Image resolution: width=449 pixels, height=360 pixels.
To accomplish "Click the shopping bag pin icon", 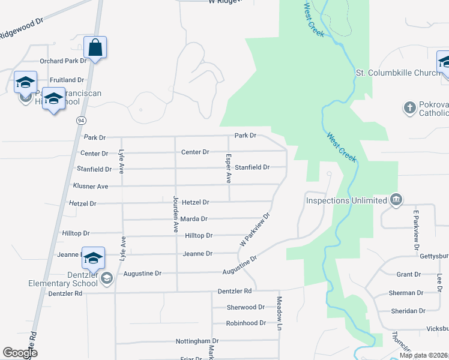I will pyautogui.click(x=96, y=46).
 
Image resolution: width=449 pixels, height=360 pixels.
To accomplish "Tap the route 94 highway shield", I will pyautogui.click(x=80, y=120).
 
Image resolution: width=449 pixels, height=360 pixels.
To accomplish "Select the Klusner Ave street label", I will pyautogui.click(x=90, y=187).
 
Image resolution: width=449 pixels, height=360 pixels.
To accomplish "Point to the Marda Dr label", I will pyautogui.click(x=194, y=219).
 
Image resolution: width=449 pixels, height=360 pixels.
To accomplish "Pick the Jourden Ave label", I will pyautogui.click(x=176, y=214).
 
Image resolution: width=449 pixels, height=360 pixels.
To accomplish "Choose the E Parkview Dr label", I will pyautogui.click(x=415, y=230).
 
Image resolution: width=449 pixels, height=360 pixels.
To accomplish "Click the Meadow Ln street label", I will pyautogui.click(x=279, y=313).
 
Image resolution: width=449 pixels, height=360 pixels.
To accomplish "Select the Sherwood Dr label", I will pyautogui.click(x=246, y=307).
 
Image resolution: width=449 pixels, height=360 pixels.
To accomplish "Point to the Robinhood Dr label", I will pyautogui.click(x=246, y=323).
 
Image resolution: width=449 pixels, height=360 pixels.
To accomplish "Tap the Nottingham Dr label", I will pyautogui.click(x=197, y=341).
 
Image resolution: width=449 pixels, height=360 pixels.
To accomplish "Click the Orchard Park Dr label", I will pyautogui.click(x=63, y=61).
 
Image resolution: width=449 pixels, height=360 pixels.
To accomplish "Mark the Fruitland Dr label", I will pyautogui.click(x=67, y=80).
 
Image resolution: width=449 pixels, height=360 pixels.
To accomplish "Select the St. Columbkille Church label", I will pyautogui.click(x=399, y=73).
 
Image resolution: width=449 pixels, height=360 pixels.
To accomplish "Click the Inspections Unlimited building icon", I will pyautogui.click(x=396, y=199).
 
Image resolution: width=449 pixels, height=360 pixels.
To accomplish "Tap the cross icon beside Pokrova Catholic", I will pyautogui.click(x=410, y=108).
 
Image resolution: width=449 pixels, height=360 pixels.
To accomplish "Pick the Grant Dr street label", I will pyautogui.click(x=409, y=274).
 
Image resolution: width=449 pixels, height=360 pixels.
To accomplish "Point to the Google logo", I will pyautogui.click(x=19, y=353).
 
